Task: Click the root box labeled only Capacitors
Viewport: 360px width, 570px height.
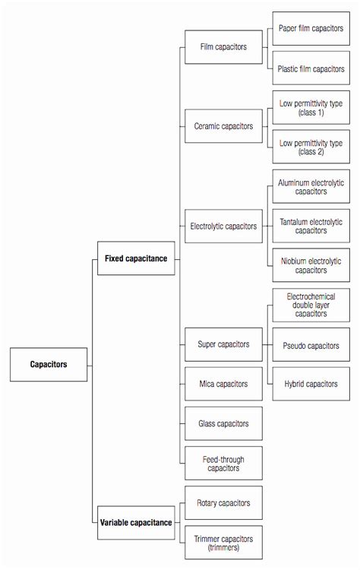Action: (49, 364)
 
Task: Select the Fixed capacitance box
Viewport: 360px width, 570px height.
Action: (137, 258)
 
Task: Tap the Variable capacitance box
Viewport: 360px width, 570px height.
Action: (137, 522)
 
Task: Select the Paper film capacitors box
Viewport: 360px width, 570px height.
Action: (310, 29)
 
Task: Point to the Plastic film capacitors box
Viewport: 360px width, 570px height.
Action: (310, 69)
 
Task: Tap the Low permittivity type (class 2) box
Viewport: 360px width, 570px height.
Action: (310, 146)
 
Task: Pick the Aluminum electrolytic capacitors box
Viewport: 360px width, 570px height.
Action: (310, 186)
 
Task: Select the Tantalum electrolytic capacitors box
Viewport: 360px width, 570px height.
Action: (310, 226)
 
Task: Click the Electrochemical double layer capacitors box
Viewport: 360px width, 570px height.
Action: (310, 305)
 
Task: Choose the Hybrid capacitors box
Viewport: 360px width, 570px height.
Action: (310, 384)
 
